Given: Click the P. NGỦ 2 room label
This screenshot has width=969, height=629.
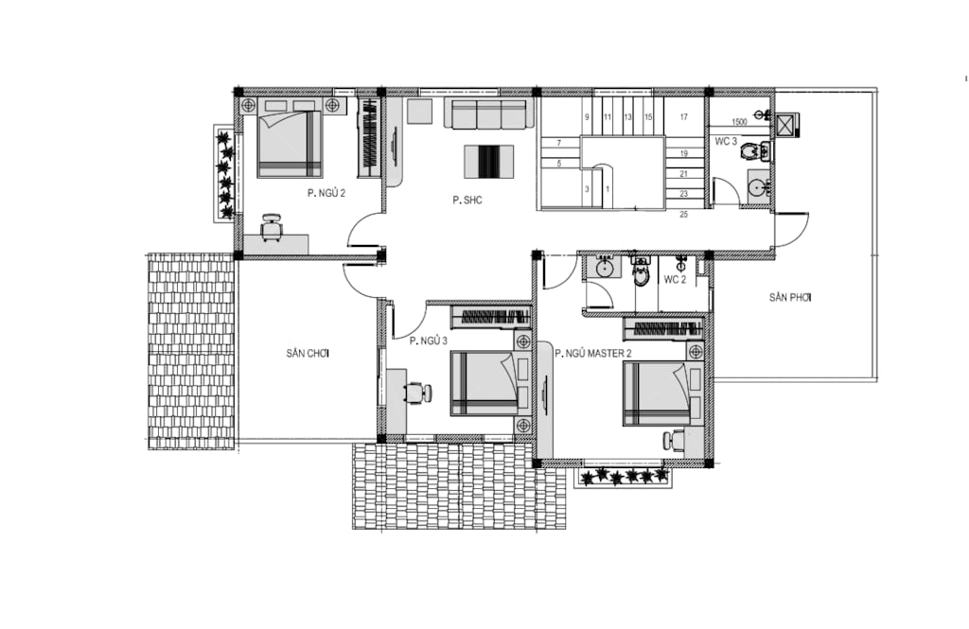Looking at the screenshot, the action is tap(326, 193).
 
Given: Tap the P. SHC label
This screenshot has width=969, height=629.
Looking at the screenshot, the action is tap(467, 201).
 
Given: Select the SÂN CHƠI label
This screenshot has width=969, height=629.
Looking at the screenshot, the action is tap(308, 354).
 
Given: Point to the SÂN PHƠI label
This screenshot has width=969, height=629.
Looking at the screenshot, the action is tap(790, 298).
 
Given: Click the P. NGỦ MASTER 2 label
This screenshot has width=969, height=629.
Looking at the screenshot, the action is tap(593, 354).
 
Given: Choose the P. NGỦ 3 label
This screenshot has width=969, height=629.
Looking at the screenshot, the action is tap(429, 341).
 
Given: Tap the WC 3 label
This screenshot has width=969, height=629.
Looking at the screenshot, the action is tap(726, 142).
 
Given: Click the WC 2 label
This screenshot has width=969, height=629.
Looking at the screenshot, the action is tap(675, 280).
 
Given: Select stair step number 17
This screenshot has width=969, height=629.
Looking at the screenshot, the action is tap(683, 116).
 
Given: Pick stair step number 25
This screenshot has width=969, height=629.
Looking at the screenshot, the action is tap(683, 215).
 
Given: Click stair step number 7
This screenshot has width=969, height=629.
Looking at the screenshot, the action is tap(559, 143).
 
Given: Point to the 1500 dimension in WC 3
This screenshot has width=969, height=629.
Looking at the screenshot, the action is tap(739, 122).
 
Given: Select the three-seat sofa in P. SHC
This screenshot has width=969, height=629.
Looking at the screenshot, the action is tap(489, 114).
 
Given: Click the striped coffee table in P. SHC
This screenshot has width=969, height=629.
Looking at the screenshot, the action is tap(489, 162).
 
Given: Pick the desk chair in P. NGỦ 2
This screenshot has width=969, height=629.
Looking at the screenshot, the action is tap(271, 227).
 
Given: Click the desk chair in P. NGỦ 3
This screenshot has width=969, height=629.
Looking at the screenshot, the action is tap(417, 393).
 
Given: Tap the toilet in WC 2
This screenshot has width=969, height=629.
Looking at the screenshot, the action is tap(642, 273).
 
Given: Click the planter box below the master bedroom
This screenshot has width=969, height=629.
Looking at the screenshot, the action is tap(623, 478).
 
